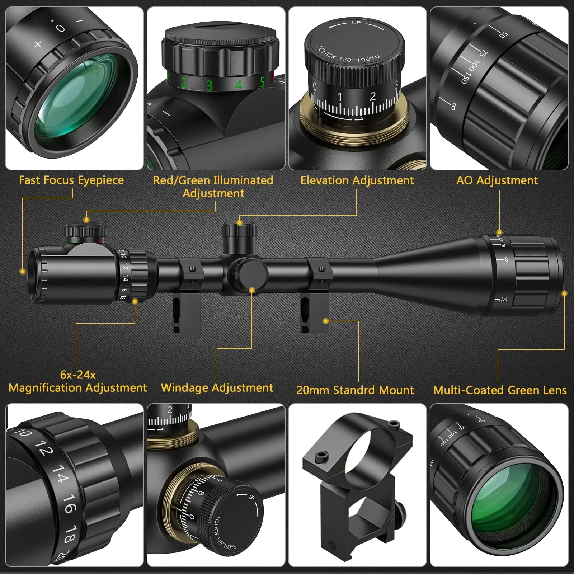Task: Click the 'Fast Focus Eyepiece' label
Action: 71,180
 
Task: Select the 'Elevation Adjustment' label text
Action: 357,180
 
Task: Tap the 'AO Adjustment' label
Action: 497,180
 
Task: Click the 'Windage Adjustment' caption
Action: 217,388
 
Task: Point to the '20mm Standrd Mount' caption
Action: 355,390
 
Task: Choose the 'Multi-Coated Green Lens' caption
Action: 500,390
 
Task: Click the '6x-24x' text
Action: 78,375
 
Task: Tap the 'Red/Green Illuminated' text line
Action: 213,180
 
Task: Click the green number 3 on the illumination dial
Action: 209,85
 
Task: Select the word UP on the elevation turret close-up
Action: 356,23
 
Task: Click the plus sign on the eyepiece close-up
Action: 38,44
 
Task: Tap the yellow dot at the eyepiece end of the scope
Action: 23,272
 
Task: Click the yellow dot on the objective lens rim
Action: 564,294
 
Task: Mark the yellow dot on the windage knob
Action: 252,290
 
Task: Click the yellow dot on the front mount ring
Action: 325,321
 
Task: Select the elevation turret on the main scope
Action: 239,238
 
